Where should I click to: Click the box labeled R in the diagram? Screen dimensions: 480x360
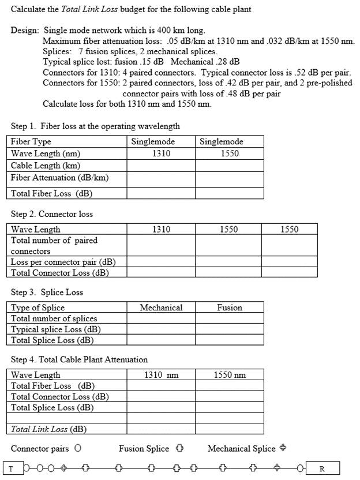click(322, 468)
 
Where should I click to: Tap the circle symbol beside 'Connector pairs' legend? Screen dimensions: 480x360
click(77, 448)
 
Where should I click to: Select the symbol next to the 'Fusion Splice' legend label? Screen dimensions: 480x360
click(179, 448)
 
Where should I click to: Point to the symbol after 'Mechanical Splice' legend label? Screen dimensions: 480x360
click(283, 448)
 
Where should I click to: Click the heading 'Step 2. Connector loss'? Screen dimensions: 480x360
click(52, 214)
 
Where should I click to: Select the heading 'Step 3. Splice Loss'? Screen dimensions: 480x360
click(47, 292)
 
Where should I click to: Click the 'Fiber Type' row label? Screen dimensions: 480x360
click(31, 142)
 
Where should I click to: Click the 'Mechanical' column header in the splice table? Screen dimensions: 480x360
click(161, 308)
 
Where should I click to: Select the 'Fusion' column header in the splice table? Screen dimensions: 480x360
click(230, 308)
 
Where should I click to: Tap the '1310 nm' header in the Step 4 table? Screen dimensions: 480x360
click(161, 376)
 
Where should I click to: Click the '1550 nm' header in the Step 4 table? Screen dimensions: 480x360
click(230, 376)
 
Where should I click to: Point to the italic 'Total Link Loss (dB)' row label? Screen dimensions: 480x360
click(48, 429)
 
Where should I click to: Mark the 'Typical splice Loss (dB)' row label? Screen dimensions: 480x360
click(56, 329)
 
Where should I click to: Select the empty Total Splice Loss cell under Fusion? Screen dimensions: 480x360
click(230, 340)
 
